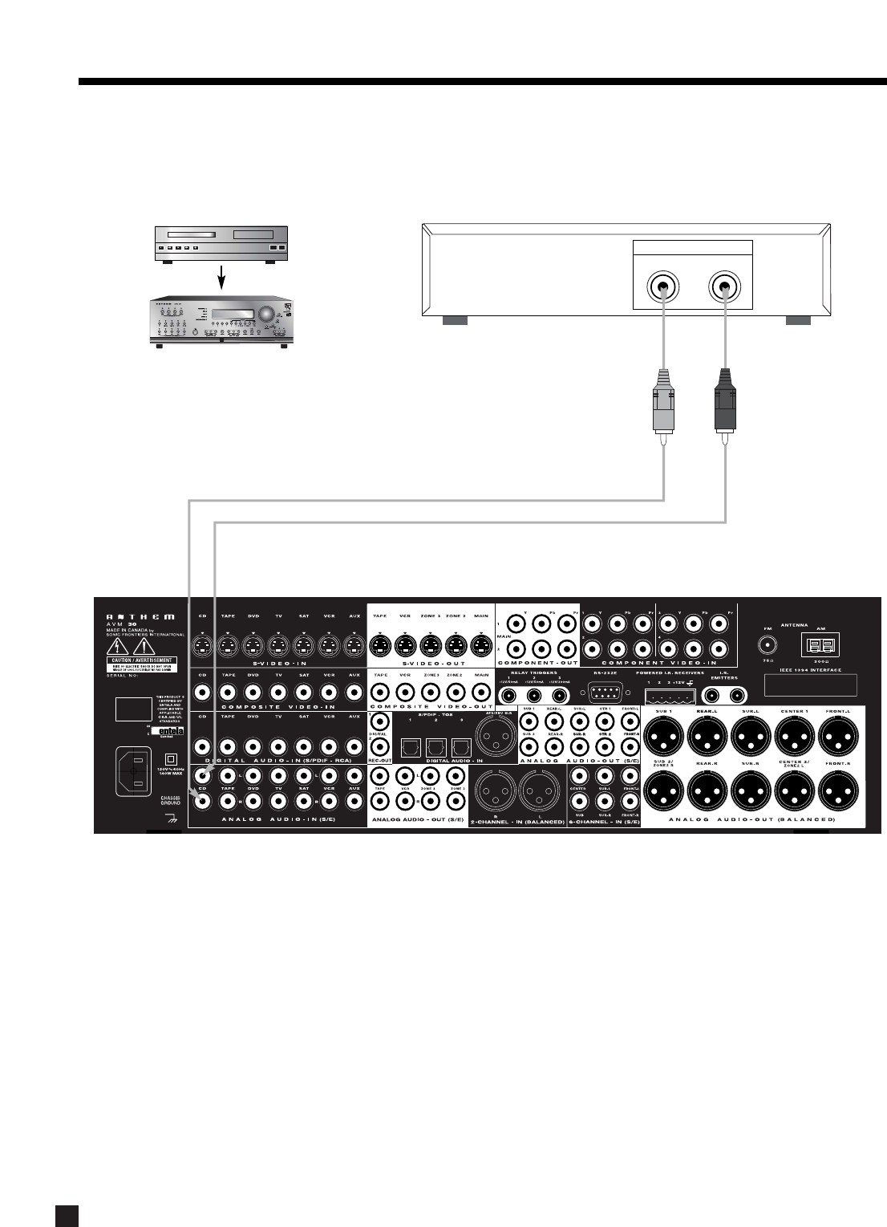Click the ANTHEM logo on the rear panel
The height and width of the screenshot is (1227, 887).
[x=141, y=617]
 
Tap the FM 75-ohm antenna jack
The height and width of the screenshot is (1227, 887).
[x=768, y=644]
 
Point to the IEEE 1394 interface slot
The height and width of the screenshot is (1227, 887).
[x=810, y=685]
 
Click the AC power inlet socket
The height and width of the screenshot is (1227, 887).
[x=134, y=771]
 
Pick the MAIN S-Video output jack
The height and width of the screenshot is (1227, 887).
[x=480, y=644]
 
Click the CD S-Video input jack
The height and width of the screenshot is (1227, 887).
[x=203, y=644]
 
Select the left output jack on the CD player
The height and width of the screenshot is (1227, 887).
[x=663, y=286]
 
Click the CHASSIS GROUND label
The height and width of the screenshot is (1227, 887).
[x=170, y=799]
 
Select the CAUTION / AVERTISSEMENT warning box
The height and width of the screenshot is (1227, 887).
[x=141, y=663]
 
